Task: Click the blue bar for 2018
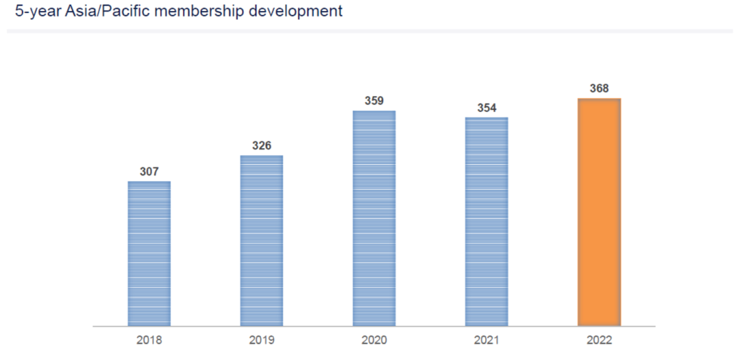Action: (149, 253)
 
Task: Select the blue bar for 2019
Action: (262, 240)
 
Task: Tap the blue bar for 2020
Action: (374, 218)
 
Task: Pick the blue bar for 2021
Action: (487, 221)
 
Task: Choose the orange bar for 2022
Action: (599, 212)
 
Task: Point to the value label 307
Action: (149, 171)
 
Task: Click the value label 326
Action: (262, 146)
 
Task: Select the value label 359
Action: (374, 100)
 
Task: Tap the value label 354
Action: (487, 107)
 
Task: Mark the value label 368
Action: (599, 88)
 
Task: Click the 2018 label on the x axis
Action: (149, 340)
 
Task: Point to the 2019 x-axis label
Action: (262, 340)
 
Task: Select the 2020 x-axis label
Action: (374, 340)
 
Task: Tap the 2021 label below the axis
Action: (487, 340)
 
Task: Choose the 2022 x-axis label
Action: (599, 340)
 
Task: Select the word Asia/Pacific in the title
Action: (104, 12)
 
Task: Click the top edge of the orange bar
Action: (599, 99)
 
